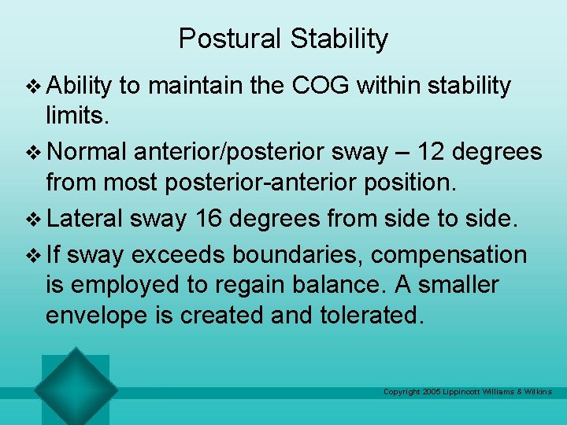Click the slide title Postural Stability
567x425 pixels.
(x=283, y=39)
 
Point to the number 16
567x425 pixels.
(x=210, y=218)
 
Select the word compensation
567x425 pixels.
(x=449, y=254)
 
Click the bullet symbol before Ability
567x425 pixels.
(x=31, y=86)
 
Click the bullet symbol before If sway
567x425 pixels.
(x=31, y=255)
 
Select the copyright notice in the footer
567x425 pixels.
(x=467, y=391)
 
